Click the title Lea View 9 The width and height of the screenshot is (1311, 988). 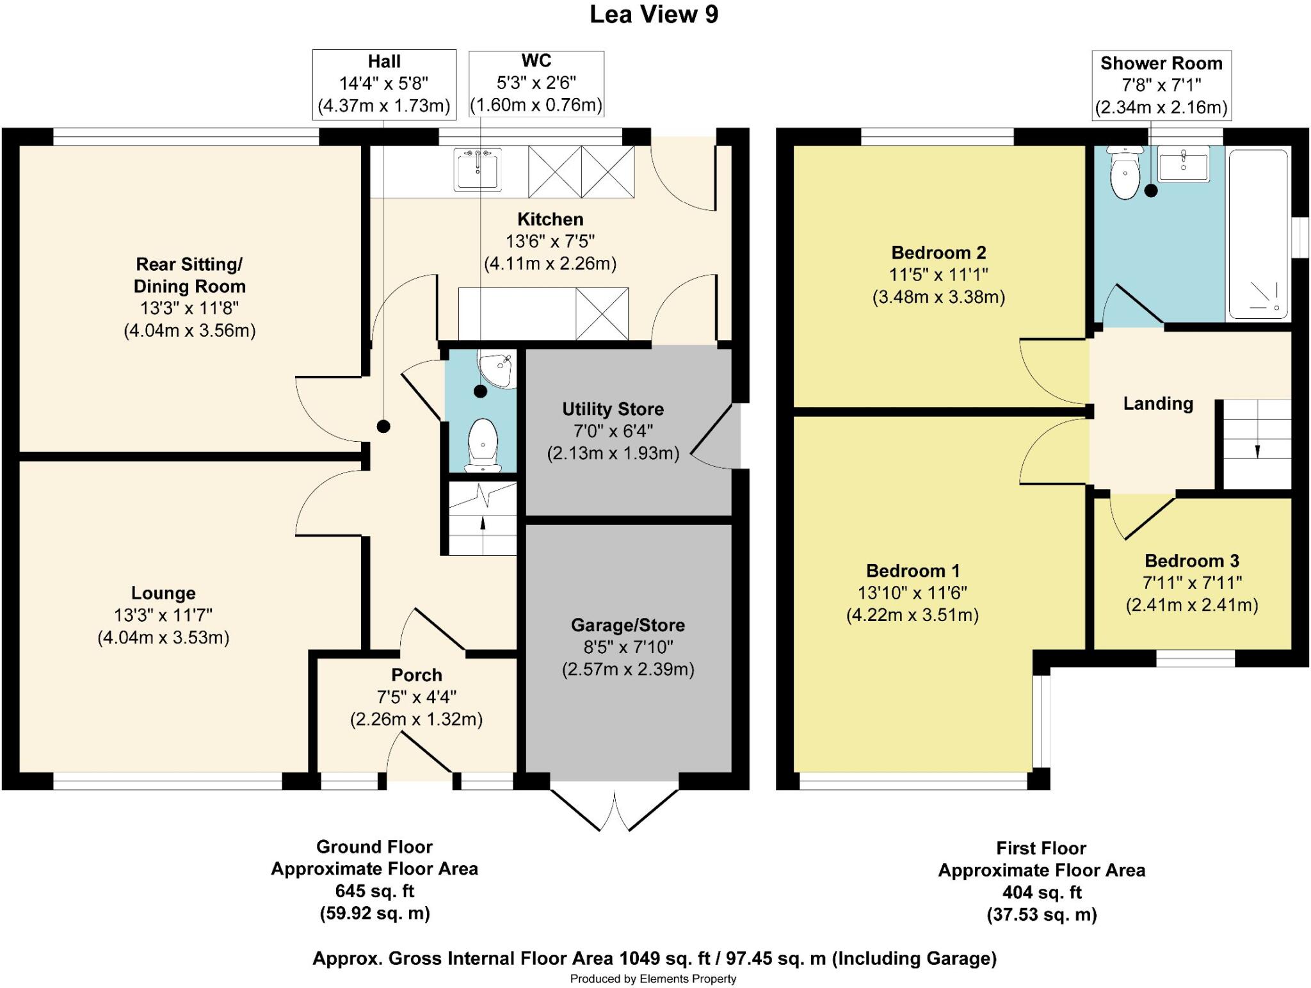click(x=654, y=15)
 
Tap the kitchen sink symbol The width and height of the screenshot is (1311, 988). click(x=478, y=169)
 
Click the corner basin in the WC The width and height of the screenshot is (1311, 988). click(x=496, y=369)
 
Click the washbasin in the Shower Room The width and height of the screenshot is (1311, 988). click(x=1183, y=164)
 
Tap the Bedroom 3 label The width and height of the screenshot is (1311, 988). click(x=1191, y=561)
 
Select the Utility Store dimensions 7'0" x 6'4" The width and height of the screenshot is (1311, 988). click(x=613, y=431)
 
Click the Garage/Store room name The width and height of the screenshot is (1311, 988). click(x=627, y=625)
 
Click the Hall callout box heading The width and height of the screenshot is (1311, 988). click(x=384, y=61)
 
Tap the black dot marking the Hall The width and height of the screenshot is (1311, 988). click(x=383, y=426)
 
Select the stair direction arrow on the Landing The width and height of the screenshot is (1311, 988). click(x=1257, y=451)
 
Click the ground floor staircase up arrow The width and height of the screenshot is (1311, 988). click(x=483, y=523)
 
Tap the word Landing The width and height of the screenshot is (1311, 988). click(x=1158, y=403)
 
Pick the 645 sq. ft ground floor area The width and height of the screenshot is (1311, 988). click(x=374, y=891)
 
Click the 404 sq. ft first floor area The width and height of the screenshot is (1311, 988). click(x=1042, y=892)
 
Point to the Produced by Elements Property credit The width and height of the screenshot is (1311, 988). click(x=653, y=979)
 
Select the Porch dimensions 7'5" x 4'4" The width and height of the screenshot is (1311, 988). click(x=416, y=697)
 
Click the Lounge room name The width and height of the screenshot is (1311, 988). click(x=163, y=593)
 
